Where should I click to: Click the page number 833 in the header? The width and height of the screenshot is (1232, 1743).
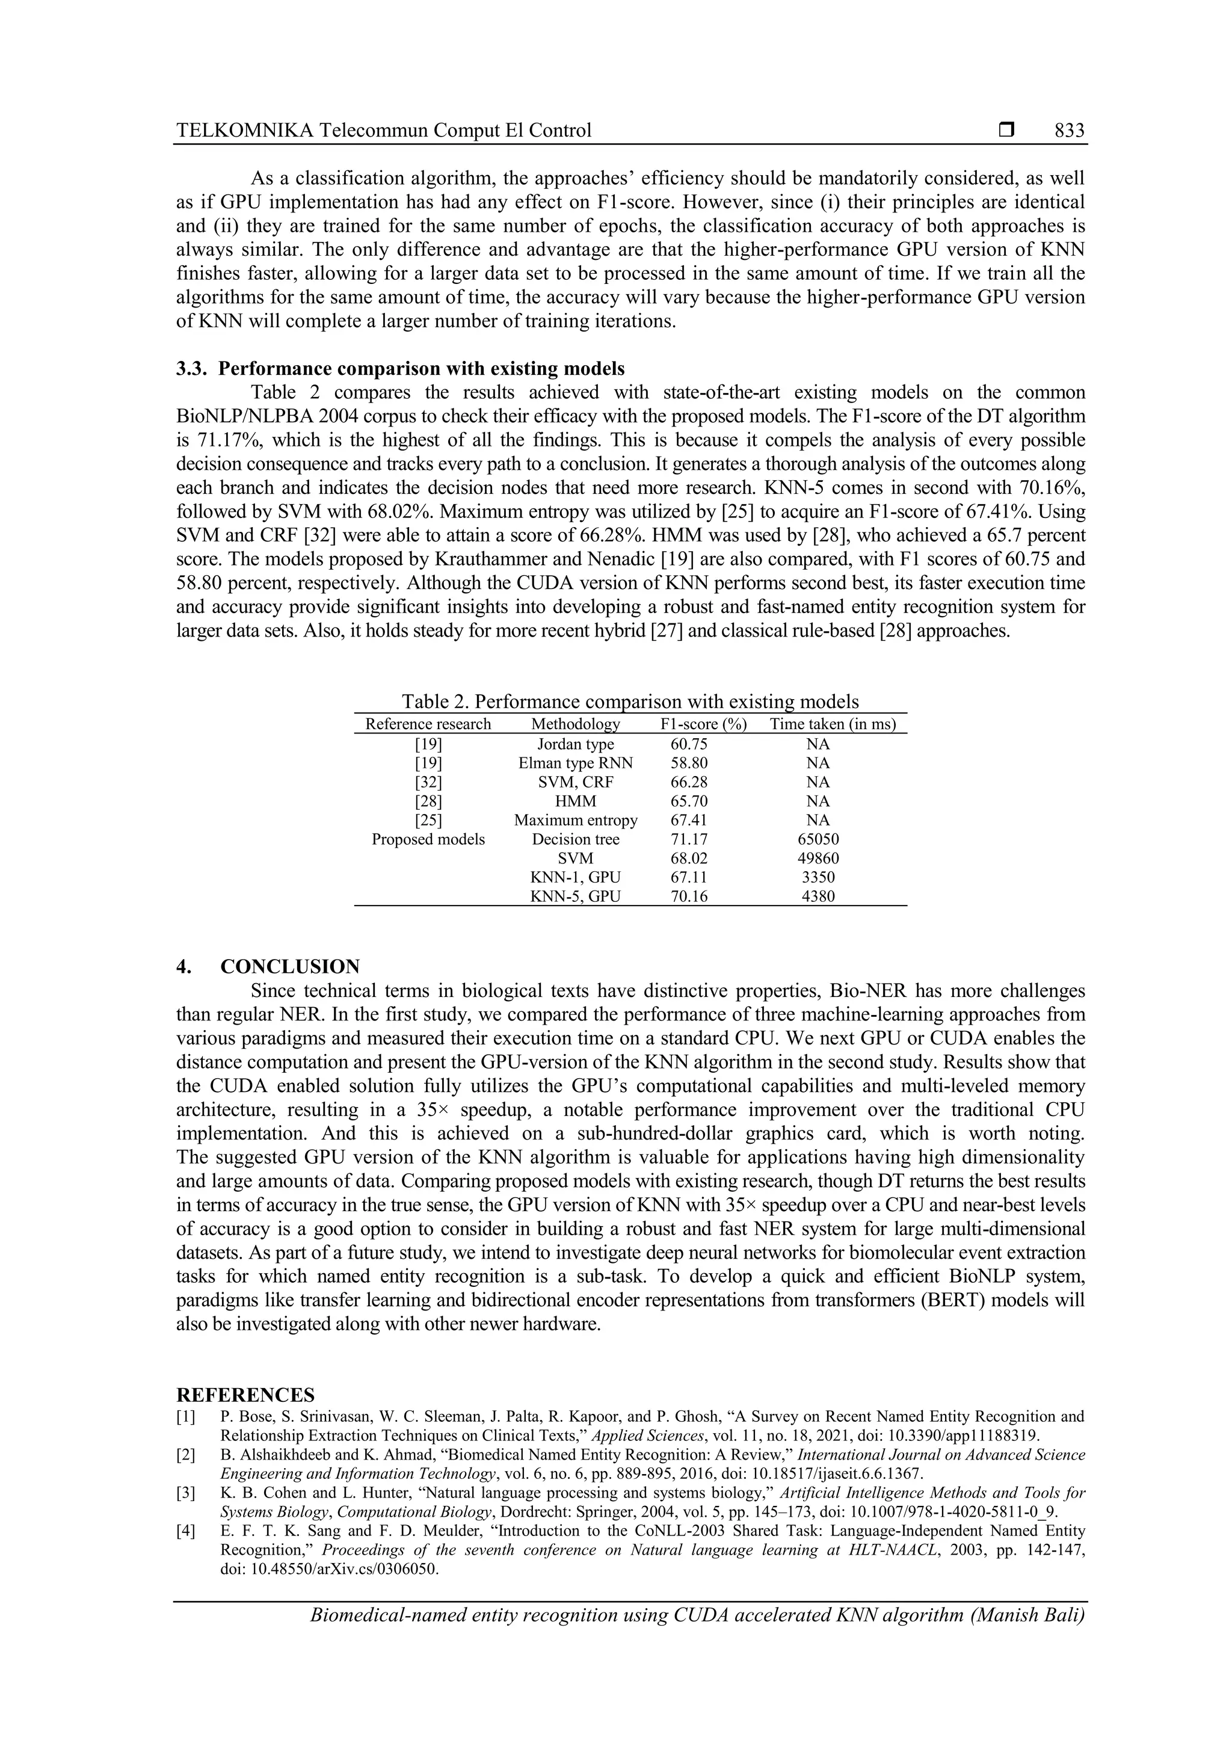[x=1069, y=131]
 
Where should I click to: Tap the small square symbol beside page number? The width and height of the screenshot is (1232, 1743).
[x=1006, y=131]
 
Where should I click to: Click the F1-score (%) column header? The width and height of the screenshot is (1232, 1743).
[x=703, y=724]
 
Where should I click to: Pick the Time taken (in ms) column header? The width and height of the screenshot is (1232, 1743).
[x=832, y=724]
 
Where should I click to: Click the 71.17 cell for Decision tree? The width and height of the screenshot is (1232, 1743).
[x=689, y=839]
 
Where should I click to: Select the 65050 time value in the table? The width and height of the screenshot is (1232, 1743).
[x=818, y=839]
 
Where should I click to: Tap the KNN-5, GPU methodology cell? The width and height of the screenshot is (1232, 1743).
[x=574, y=896]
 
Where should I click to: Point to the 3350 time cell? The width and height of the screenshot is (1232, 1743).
[x=818, y=877]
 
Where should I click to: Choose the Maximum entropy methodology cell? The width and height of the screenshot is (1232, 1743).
[x=574, y=820]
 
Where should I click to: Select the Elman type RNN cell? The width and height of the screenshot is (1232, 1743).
[x=574, y=763]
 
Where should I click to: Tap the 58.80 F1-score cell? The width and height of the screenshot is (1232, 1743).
[x=689, y=763]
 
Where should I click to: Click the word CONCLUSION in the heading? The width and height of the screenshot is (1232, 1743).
[x=290, y=967]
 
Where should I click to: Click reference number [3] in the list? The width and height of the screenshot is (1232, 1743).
[x=186, y=1493]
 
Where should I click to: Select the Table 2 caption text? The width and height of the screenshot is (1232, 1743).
[x=629, y=701]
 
